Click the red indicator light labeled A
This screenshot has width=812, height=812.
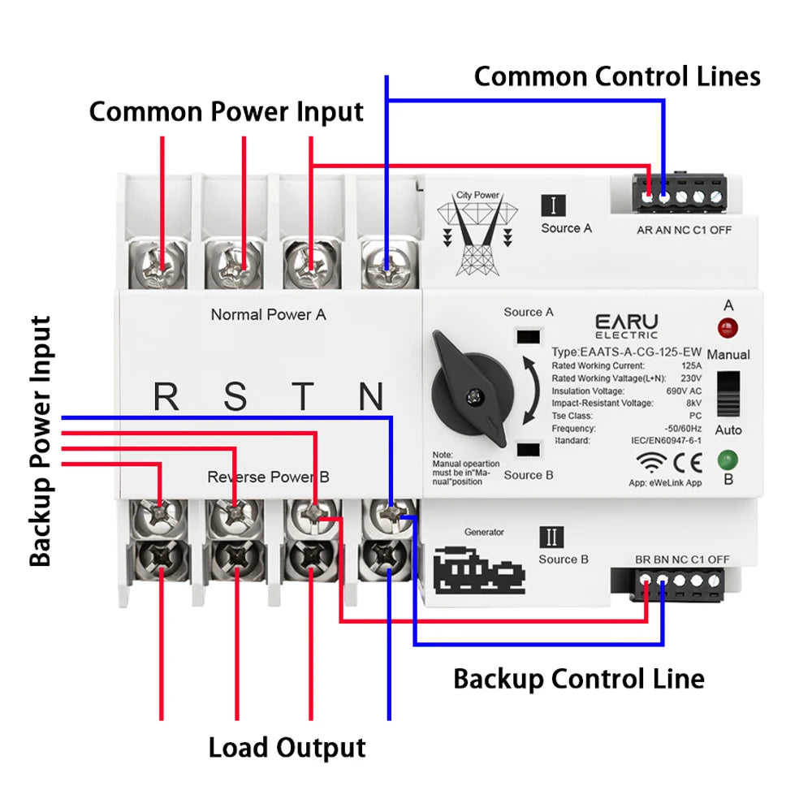pos(728,329)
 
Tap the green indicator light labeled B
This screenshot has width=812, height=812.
pos(728,460)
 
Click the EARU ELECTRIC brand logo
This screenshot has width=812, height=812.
pos(626,326)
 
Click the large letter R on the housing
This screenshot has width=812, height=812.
pos(166,397)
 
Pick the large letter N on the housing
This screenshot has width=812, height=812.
pos(371,397)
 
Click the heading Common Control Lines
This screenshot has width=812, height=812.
pos(617,76)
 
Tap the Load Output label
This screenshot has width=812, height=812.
pos(287,747)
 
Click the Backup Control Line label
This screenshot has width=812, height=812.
pos(578,678)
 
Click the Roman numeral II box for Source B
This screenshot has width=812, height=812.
pos(551,537)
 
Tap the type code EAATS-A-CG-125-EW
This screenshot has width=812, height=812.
pos(626,352)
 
